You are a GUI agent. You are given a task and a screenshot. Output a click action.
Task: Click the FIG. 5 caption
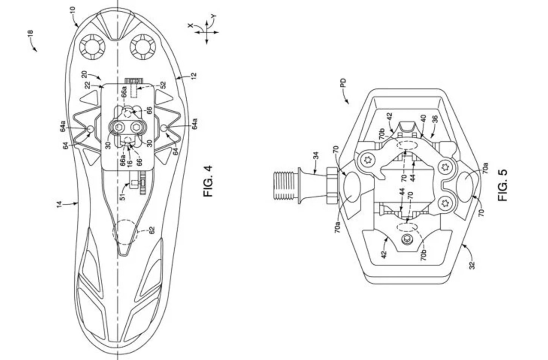tap(502, 185)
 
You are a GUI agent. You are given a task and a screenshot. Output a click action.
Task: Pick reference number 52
tap(163, 85)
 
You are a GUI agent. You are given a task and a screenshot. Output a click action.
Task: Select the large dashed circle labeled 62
tap(125, 232)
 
